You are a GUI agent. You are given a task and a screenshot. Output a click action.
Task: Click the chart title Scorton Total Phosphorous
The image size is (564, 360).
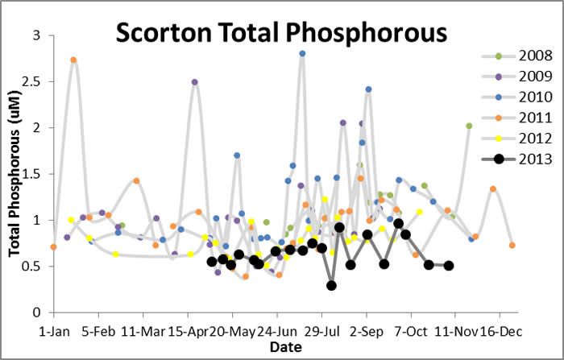click(280, 33)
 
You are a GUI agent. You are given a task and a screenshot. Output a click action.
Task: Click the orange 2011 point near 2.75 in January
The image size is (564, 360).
click(73, 60)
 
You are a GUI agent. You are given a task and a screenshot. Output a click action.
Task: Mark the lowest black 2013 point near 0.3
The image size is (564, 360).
click(331, 285)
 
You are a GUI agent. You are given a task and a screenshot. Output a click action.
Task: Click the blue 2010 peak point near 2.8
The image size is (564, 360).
click(302, 54)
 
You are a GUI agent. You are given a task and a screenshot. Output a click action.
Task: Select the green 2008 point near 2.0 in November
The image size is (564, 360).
click(469, 126)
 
